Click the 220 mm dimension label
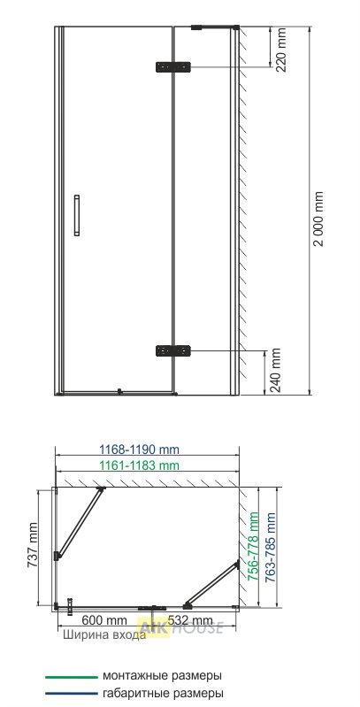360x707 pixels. pyautogui.click(x=280, y=50)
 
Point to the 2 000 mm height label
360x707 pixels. pyautogui.click(x=319, y=219)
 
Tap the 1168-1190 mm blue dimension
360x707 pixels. pyautogui.click(x=139, y=450)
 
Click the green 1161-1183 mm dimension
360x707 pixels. pyautogui.click(x=139, y=465)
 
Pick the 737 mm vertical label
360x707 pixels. pyautogui.click(x=32, y=545)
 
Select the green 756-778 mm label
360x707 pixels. pyautogui.click(x=254, y=546)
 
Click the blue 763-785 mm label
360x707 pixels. pyautogui.click(x=270, y=548)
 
